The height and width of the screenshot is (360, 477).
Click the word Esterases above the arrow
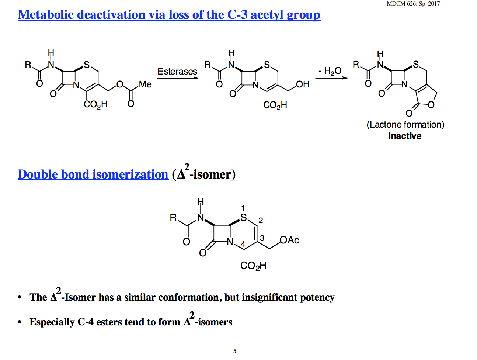[x=177, y=71]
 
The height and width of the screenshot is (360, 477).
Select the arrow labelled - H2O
[x=331, y=78]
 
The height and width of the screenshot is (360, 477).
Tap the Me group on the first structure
[x=145, y=84]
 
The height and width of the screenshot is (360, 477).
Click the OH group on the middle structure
[x=303, y=84]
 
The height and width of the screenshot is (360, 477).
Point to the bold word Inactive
[x=405, y=136]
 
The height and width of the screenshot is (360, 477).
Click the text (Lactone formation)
[x=405, y=125]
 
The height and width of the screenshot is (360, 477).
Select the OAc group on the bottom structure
[x=289, y=240]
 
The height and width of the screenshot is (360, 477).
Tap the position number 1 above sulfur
[x=243, y=208]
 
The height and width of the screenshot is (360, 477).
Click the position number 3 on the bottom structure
[x=262, y=238]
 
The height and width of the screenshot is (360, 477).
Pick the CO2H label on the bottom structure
[x=253, y=266]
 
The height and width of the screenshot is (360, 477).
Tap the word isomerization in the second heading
[x=130, y=174]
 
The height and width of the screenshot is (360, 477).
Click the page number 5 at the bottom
[x=235, y=351]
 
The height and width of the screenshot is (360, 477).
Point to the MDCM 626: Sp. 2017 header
[x=413, y=4]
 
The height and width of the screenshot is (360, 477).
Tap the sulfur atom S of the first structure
[x=87, y=65]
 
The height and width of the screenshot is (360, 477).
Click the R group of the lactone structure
[x=356, y=65]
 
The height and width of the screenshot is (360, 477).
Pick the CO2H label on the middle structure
[x=275, y=105]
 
